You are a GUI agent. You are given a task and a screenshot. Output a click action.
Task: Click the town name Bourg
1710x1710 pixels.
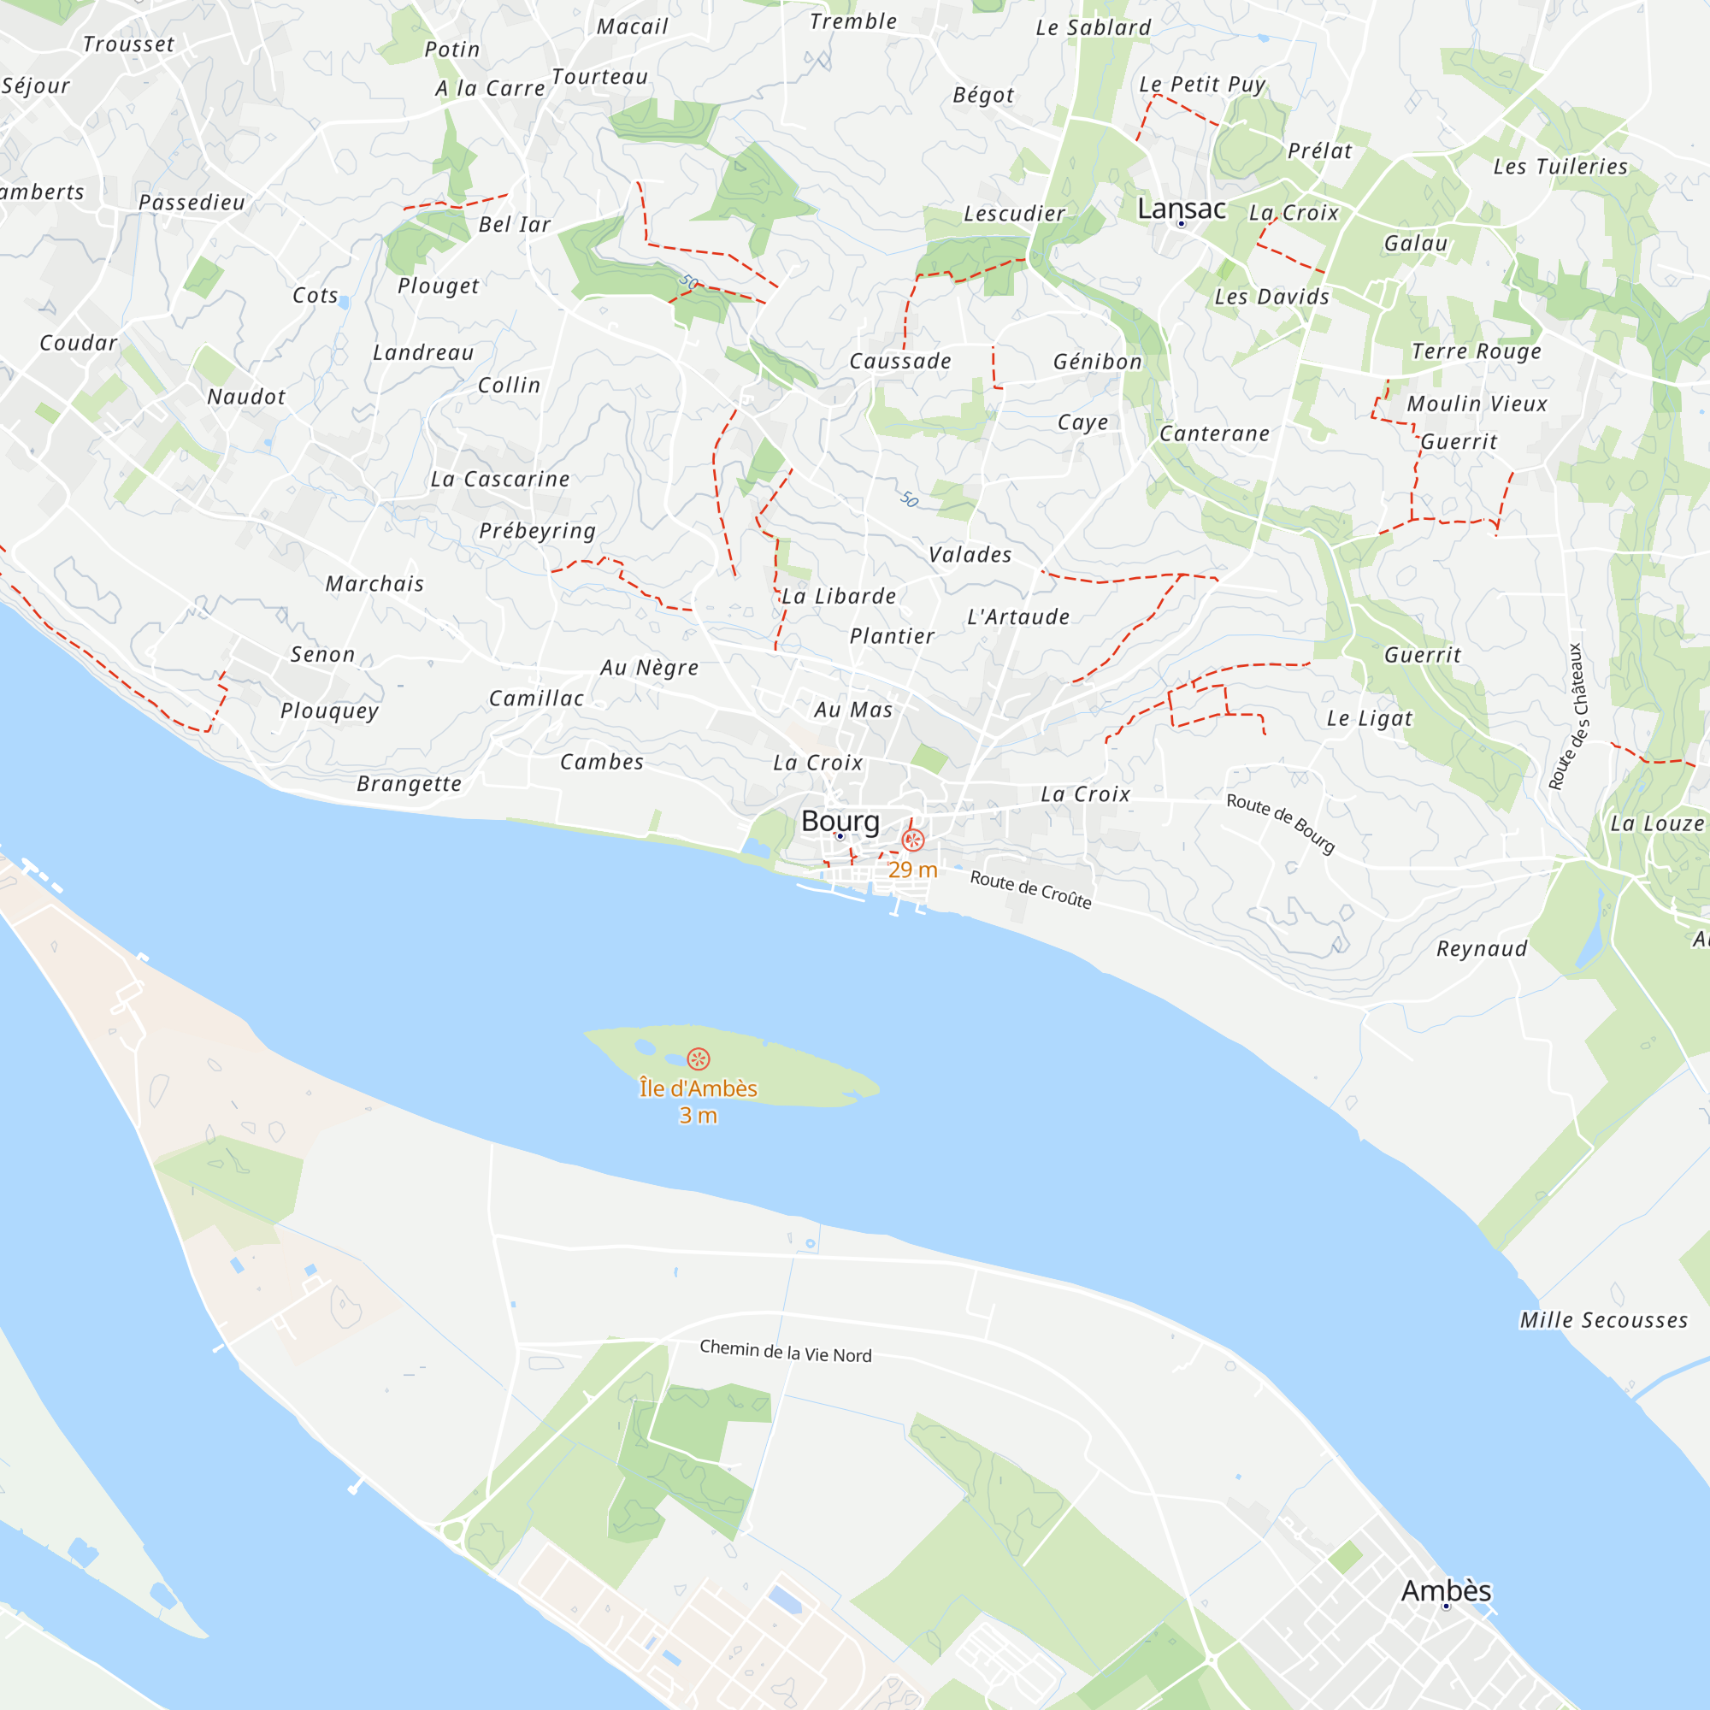click(x=840, y=822)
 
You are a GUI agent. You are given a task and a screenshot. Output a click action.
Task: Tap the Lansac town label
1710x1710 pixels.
click(x=1182, y=209)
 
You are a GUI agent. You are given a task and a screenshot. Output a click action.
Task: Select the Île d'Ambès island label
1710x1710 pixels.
click(x=699, y=1088)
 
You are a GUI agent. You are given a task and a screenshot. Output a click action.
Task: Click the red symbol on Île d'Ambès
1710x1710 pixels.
click(x=699, y=1058)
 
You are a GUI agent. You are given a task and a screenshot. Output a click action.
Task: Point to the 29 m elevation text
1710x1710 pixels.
click(x=912, y=870)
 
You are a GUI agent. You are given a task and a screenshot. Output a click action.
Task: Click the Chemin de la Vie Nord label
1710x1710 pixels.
click(x=785, y=1352)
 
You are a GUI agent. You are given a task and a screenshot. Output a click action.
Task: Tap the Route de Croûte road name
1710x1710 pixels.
click(x=1030, y=888)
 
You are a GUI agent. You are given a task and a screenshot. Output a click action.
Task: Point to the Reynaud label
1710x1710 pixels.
click(x=1482, y=949)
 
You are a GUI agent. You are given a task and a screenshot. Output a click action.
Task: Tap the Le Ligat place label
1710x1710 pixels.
click(x=1369, y=719)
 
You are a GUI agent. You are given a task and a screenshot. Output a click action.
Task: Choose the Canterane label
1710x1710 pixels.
click(x=1214, y=433)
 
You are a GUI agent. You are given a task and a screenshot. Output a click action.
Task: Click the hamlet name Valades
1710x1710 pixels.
click(x=970, y=555)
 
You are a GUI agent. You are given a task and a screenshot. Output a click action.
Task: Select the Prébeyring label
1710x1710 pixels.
click(x=537, y=531)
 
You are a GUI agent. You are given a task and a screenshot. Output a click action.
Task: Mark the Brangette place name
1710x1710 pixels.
click(x=409, y=784)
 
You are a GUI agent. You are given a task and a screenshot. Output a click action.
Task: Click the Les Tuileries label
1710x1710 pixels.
click(x=1560, y=167)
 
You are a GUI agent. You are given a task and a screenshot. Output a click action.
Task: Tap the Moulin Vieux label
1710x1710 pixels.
click(x=1477, y=404)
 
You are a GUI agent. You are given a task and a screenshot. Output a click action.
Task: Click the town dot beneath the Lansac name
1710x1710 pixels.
click(x=1181, y=224)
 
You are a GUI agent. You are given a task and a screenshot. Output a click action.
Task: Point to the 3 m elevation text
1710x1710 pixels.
click(x=699, y=1116)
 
